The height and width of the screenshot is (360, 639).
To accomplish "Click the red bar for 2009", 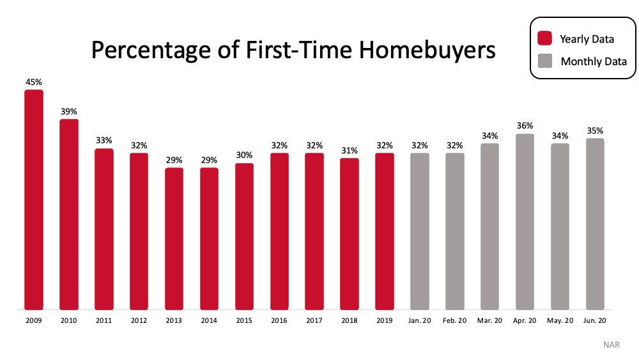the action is [x=34, y=200].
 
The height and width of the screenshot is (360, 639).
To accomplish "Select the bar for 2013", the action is [x=174, y=239].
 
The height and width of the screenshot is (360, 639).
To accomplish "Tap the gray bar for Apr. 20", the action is [x=525, y=222].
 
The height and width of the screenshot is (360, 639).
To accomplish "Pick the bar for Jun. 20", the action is [x=595, y=224].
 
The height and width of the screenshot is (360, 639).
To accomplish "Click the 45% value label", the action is [x=34, y=82].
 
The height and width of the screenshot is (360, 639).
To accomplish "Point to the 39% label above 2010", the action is [x=69, y=111].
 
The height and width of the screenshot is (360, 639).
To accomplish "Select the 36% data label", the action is [x=525, y=125].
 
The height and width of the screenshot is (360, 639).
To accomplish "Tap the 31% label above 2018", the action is [x=350, y=150].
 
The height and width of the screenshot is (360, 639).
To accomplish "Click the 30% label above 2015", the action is [x=244, y=155].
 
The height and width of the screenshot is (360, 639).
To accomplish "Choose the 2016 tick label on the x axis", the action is [x=279, y=320].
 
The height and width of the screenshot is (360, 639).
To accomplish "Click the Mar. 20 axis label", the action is [x=490, y=320].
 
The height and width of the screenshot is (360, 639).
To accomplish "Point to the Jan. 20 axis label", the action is [x=420, y=320].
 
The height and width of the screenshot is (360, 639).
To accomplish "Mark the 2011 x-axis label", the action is [x=104, y=320].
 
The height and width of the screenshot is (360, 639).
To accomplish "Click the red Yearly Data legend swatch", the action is [x=545, y=38].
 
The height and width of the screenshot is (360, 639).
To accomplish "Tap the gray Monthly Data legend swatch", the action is [x=545, y=61].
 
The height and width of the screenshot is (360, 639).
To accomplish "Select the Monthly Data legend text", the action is [x=594, y=61].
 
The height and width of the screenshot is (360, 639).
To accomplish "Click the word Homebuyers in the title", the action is [x=427, y=50].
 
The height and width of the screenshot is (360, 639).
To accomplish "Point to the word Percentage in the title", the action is [x=151, y=51].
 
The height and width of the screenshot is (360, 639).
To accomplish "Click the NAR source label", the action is [x=612, y=345].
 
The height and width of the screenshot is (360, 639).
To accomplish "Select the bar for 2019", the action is [x=385, y=231].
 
